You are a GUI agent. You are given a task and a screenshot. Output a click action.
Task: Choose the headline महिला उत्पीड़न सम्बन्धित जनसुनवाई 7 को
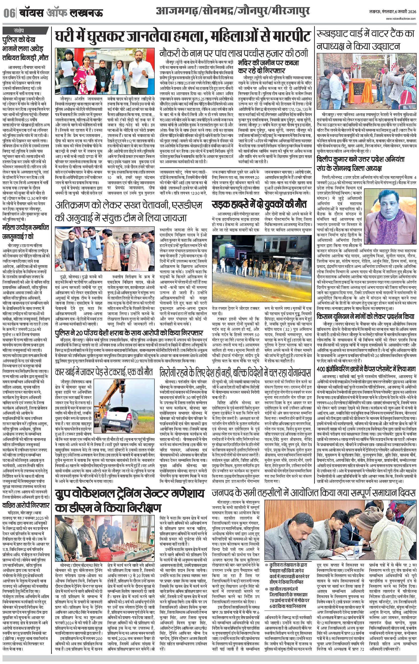26,232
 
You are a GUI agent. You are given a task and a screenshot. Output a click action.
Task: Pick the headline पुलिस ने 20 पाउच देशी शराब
129,333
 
